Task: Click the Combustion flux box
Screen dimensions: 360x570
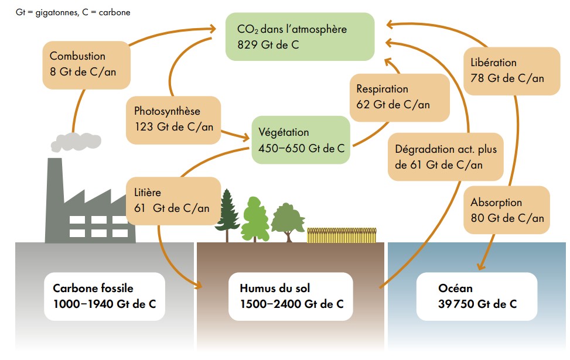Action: pos(86,64)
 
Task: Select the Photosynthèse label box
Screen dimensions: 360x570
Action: pos(173,119)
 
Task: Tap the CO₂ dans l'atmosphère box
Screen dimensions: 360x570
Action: pos(300,36)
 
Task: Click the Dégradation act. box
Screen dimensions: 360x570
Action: pos(446,157)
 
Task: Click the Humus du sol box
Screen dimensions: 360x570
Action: pos(291,296)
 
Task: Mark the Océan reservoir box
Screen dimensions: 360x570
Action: pos(477,296)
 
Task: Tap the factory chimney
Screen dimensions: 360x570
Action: pos(55,176)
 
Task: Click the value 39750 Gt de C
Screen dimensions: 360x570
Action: pos(477,304)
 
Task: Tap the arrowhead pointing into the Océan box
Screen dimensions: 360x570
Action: pos(479,267)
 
